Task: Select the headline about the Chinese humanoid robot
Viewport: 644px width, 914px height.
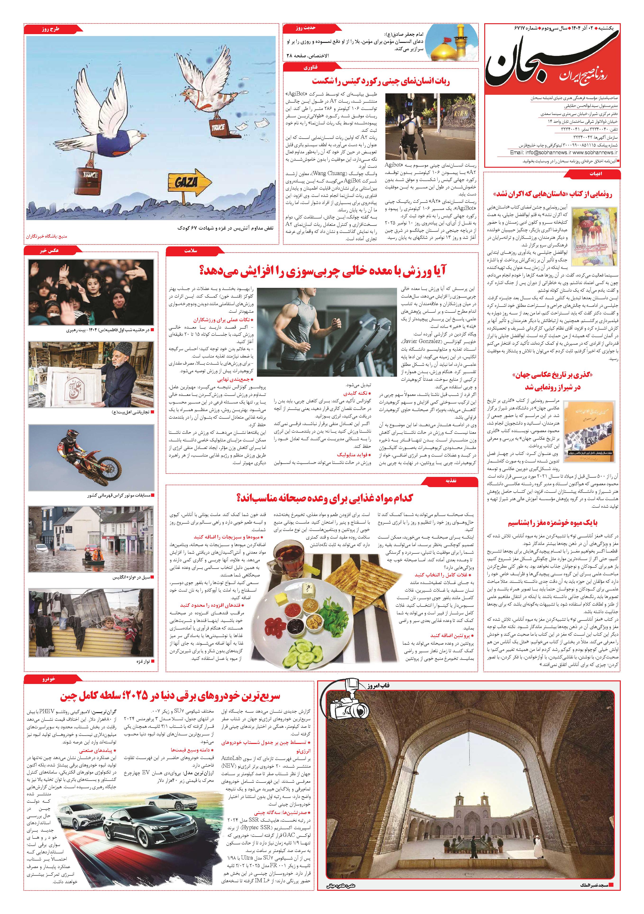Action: (380, 81)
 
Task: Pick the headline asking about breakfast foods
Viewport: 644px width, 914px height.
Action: (324, 498)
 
